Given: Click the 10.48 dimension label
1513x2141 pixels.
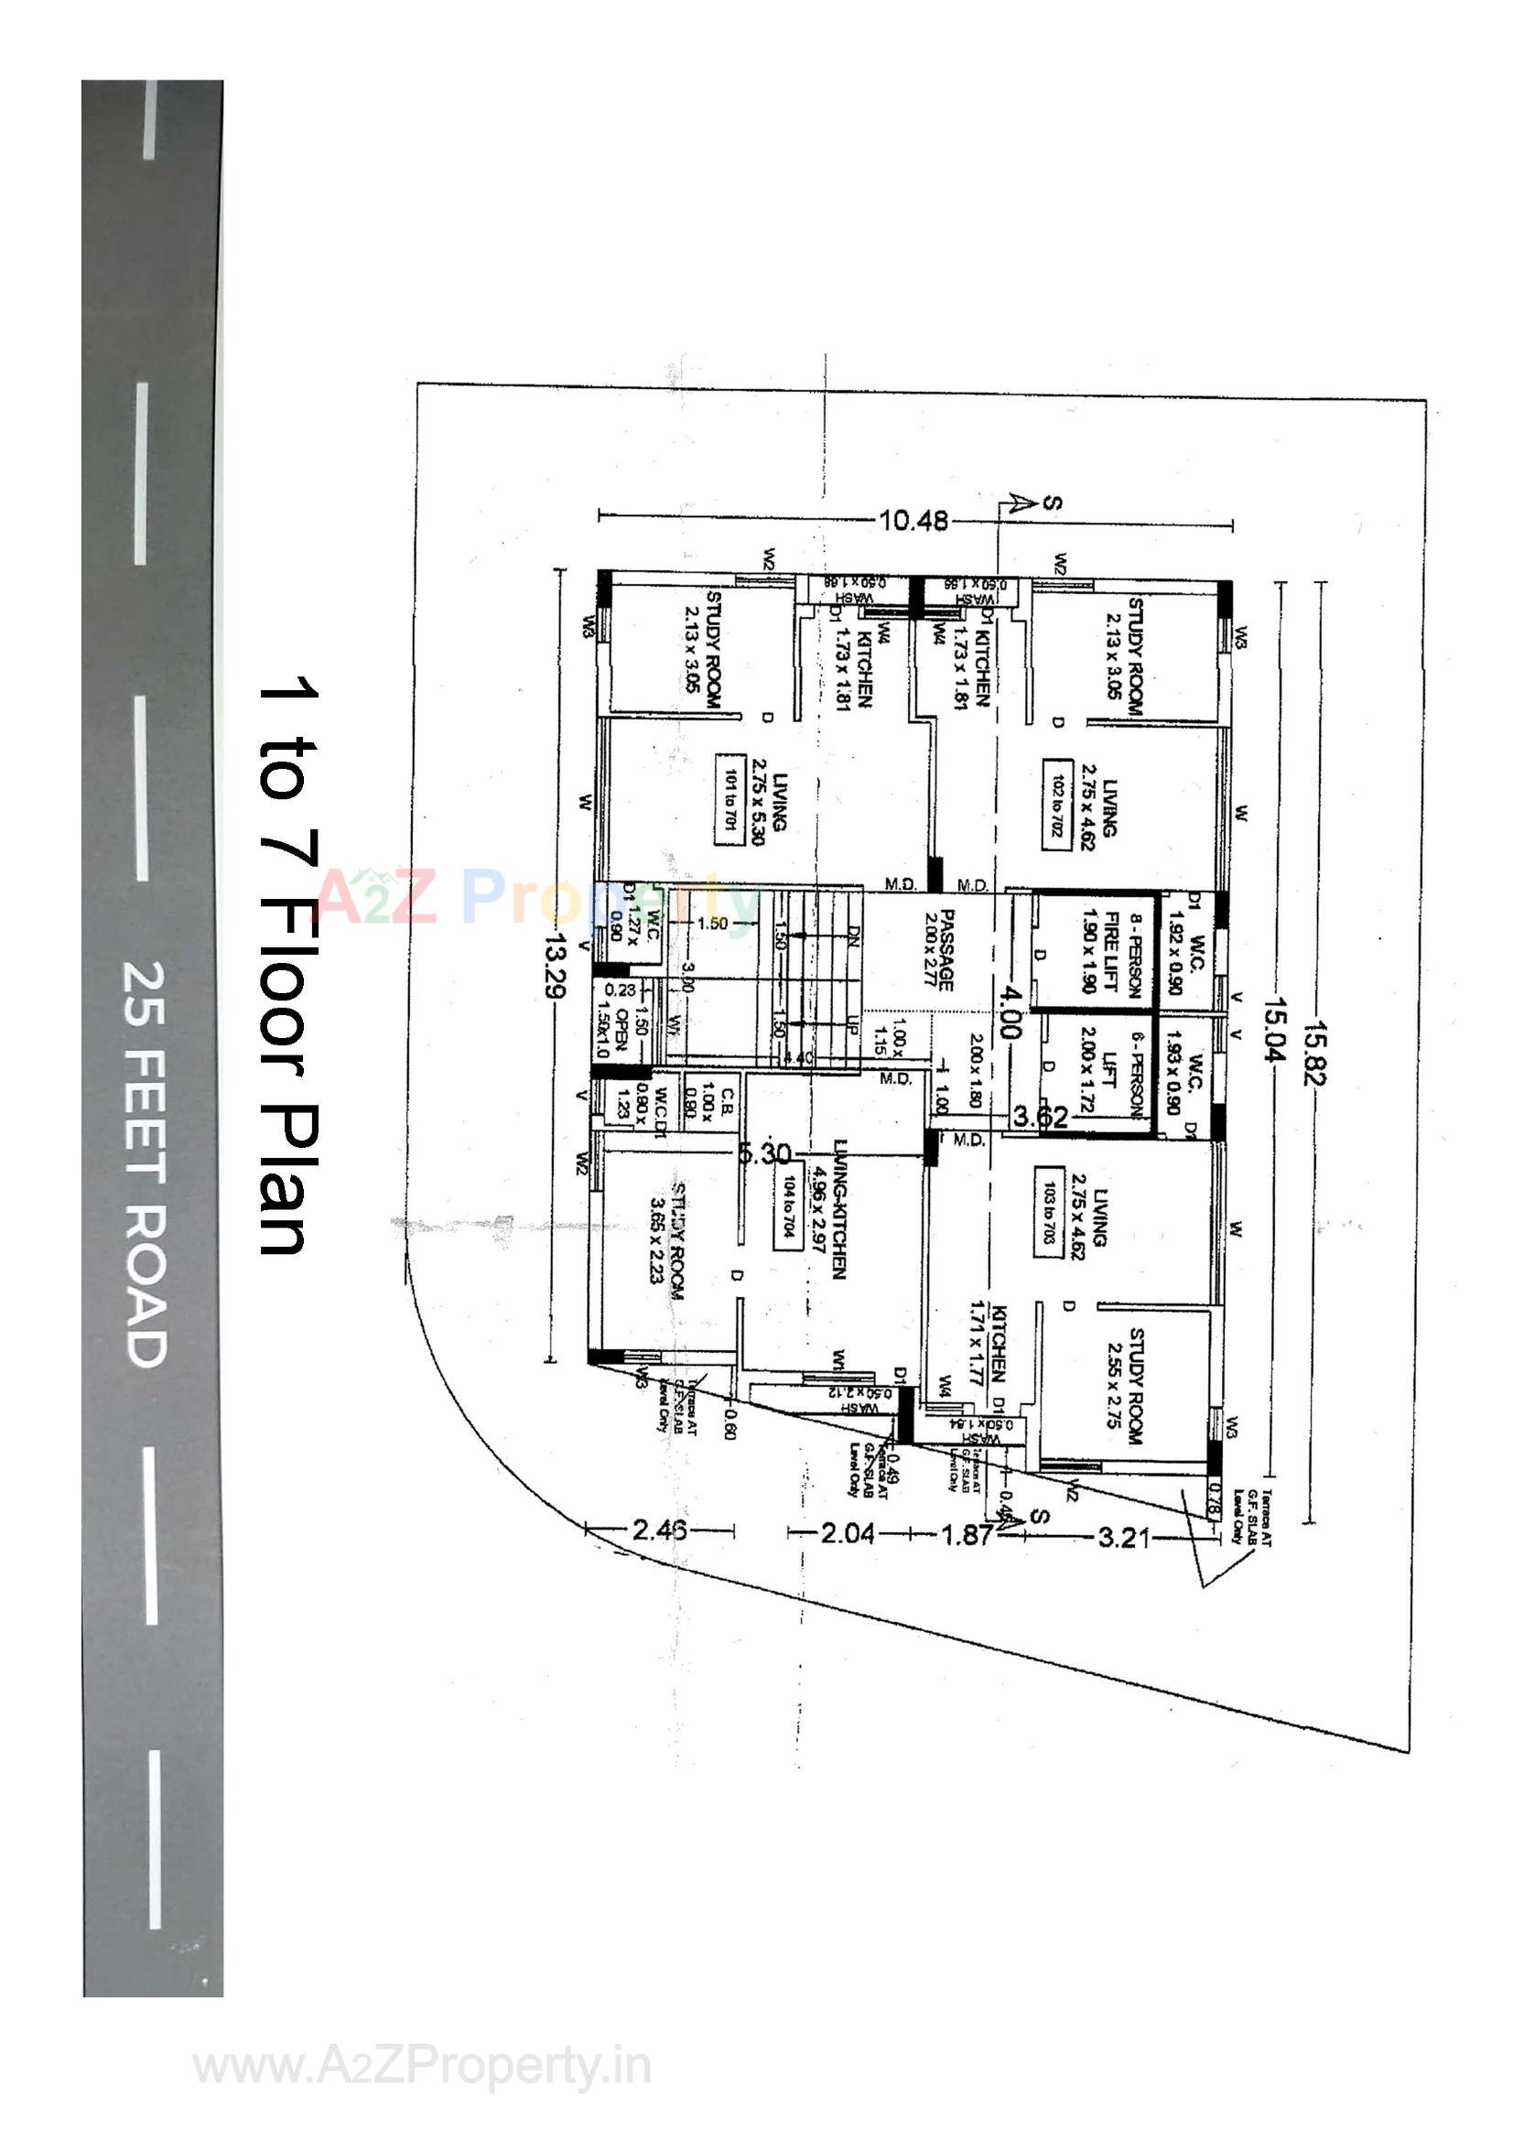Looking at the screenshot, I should (913, 520).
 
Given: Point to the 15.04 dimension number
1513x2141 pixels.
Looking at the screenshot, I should (1273, 1031).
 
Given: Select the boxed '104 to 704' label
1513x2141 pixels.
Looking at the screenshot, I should (788, 1206).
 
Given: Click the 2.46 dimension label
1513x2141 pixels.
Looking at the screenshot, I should (659, 1530).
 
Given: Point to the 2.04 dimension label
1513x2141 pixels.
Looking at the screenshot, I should (848, 1533).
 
